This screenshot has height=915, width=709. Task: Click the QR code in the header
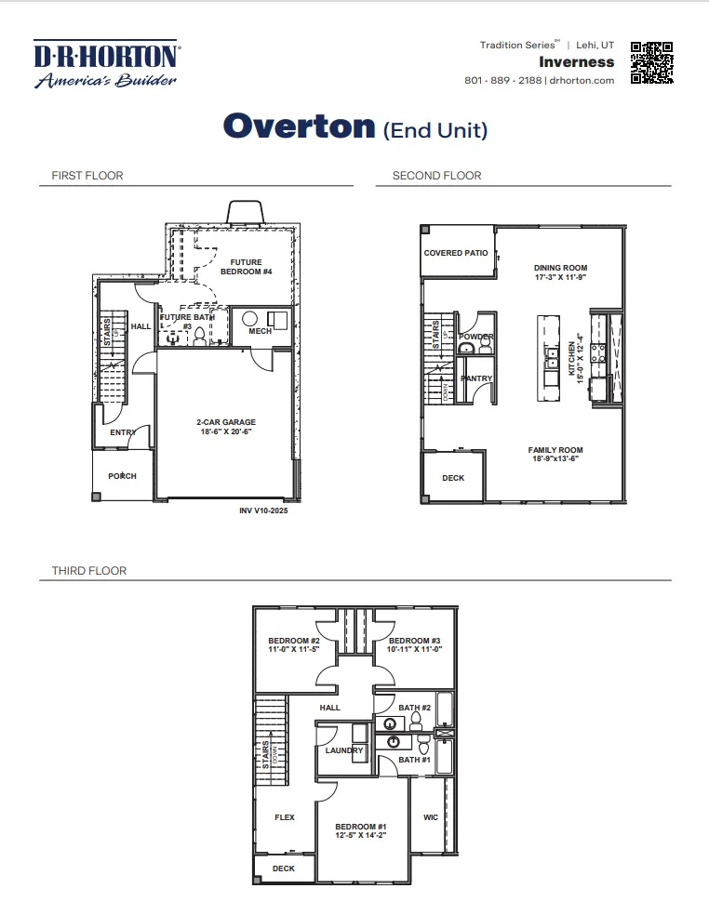[x=651, y=63]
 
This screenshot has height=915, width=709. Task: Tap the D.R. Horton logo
[x=107, y=63]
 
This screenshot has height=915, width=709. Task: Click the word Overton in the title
[x=299, y=126]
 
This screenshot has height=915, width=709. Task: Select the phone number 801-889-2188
[x=503, y=80]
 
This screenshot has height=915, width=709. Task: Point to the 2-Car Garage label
[x=225, y=422]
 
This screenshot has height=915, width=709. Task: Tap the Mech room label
[x=260, y=331]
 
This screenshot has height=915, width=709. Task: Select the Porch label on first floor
[x=122, y=476]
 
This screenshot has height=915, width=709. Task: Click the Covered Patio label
[x=456, y=253]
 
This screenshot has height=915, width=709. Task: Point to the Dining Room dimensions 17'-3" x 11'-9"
[x=560, y=278]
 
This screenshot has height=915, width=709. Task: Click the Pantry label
[x=477, y=378]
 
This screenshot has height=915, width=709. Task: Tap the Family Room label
[x=555, y=450]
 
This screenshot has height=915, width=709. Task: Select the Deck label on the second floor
[x=453, y=478]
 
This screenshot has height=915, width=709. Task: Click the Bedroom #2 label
[x=294, y=641]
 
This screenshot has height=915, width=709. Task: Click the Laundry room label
[x=344, y=750]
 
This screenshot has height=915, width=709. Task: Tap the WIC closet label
[x=431, y=818]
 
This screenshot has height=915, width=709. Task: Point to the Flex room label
[x=285, y=817]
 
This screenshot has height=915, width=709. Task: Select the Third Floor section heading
[x=89, y=570]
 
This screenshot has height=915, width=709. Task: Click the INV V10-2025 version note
[x=264, y=511]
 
